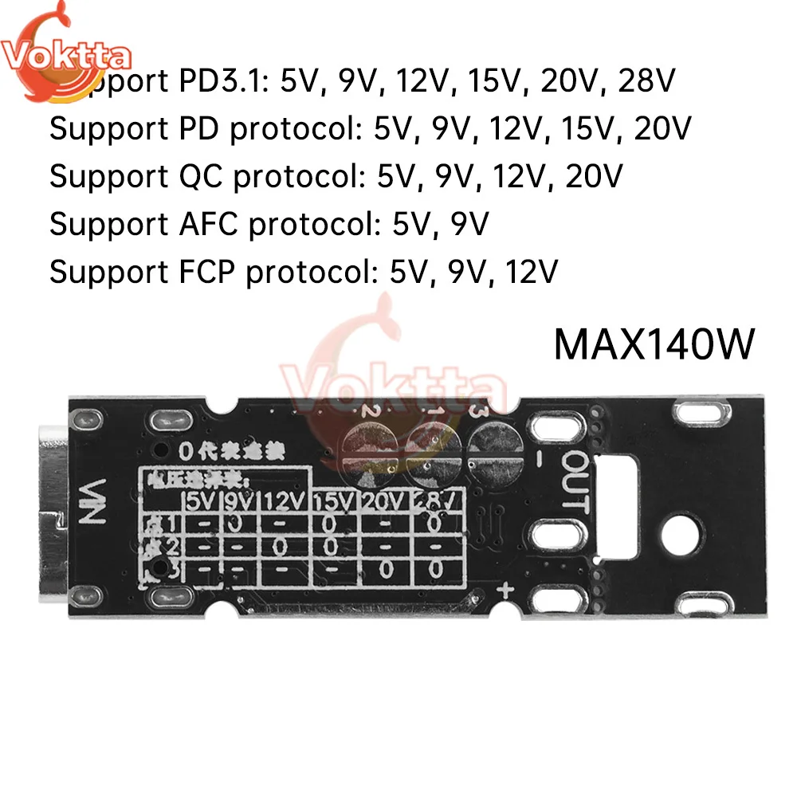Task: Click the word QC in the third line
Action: click(203, 176)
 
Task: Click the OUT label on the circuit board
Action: click(575, 480)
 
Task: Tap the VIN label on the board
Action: click(94, 499)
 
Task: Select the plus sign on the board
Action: click(504, 591)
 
